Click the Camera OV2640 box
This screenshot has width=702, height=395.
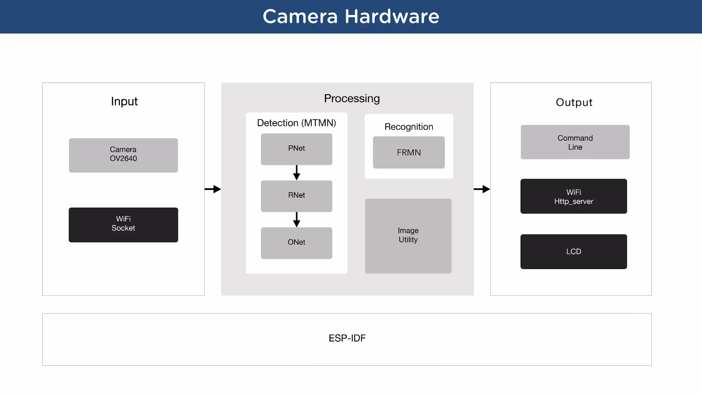tap(123, 155)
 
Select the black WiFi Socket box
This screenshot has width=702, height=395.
tap(123, 225)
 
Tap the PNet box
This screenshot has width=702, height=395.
tap(296, 149)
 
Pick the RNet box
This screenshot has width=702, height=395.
tap(296, 196)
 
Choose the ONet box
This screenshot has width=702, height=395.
tap(296, 243)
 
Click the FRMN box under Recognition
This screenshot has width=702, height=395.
tap(409, 152)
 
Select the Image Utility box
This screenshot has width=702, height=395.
tap(408, 236)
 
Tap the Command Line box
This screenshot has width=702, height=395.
tap(575, 142)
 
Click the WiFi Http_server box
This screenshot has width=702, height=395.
tap(573, 196)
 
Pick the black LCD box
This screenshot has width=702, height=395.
tap(573, 251)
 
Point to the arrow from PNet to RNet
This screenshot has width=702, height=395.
tap(296, 172)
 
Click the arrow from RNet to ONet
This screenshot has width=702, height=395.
tap(296, 219)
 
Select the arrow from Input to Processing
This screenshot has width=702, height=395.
tap(213, 189)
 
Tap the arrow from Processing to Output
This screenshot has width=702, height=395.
tap(482, 189)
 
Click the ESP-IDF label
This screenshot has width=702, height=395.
tap(347, 338)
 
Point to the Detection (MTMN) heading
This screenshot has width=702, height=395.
tap(296, 123)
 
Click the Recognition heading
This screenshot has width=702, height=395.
tap(409, 127)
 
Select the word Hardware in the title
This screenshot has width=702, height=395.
tap(391, 16)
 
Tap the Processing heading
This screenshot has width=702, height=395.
tap(352, 98)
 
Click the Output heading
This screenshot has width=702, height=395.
tap(574, 102)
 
